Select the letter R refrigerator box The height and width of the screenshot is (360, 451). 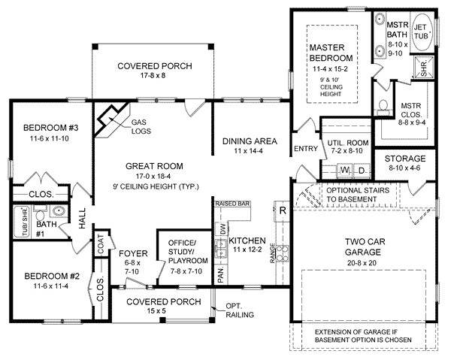click(283, 210)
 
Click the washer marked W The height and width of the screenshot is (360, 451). click(344, 171)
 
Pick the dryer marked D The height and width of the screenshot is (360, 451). click(360, 171)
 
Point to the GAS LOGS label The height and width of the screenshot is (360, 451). click(139, 126)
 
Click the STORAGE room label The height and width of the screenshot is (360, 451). click(405, 159)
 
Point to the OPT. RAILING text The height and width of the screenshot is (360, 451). click(239, 310)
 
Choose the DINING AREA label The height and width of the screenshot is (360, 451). click(250, 141)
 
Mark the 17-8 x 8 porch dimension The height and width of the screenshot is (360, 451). click(154, 77)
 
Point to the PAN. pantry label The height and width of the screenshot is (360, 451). click(221, 275)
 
